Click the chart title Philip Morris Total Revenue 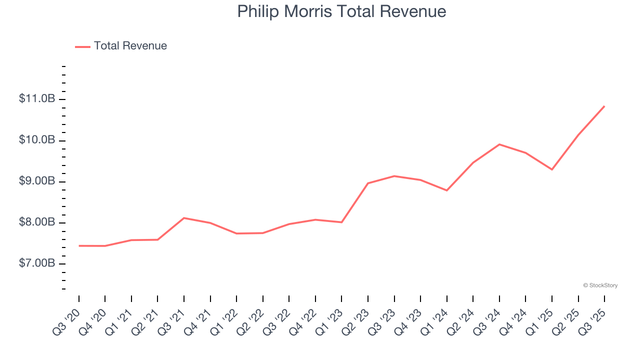tap(341, 11)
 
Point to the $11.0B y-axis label tap(37, 99)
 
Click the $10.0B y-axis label tap(37, 140)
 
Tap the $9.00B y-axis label tap(37, 181)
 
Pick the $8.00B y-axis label tap(37, 222)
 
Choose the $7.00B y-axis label tap(37, 263)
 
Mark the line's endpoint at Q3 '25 tap(604, 106)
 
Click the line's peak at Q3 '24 tap(499, 144)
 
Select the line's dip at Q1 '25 tap(552, 169)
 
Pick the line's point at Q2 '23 tap(368, 183)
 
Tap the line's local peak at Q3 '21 tap(184, 218)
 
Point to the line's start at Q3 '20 tap(79, 246)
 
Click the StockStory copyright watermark tap(600, 285)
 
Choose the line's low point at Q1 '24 tap(446, 190)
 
